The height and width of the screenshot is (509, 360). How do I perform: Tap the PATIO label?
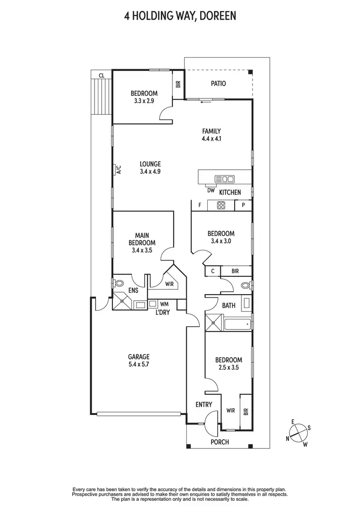[x=218, y=83]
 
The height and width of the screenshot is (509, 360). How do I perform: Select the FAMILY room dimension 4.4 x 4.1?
[x=211, y=139]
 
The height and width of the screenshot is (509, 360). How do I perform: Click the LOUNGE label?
[x=150, y=164]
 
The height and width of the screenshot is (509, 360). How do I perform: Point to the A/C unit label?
[x=118, y=170]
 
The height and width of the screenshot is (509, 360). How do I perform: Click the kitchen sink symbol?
[x=225, y=179]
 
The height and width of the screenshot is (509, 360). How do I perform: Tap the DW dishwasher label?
[x=211, y=190]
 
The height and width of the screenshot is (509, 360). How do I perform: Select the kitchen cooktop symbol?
[x=221, y=206]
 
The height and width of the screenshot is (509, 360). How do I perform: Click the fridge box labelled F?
[x=199, y=206]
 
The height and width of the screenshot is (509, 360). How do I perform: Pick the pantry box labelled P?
[x=243, y=206]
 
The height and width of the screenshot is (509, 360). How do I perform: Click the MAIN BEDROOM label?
[x=142, y=239]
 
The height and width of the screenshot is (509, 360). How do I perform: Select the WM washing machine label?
[x=164, y=304]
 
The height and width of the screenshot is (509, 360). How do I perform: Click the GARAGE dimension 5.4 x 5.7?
[x=139, y=365]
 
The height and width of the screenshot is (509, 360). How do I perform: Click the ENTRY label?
[x=204, y=404]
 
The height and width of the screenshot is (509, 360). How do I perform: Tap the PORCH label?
[x=220, y=442]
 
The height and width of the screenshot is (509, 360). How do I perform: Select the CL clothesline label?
[x=101, y=75]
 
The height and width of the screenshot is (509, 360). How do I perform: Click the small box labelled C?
[x=212, y=271]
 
